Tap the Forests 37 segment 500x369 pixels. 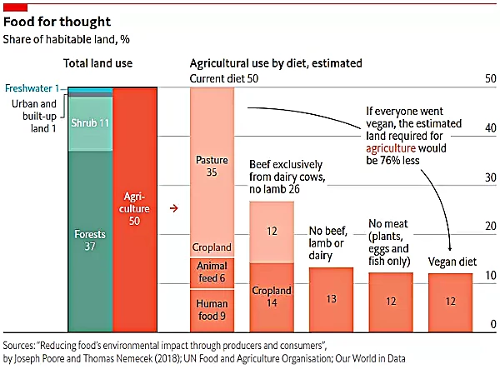(x=89, y=242)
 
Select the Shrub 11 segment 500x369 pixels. (x=89, y=124)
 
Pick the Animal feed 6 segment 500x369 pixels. (x=212, y=272)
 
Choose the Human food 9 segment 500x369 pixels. (x=212, y=309)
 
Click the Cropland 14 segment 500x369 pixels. (x=272, y=297)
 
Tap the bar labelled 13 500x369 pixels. (x=331, y=298)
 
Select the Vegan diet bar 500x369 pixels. (x=450, y=301)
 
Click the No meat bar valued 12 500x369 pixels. (x=391, y=300)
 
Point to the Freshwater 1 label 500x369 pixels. (x=32, y=88)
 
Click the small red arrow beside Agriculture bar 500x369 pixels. (x=173, y=208)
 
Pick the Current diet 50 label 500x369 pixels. (x=223, y=77)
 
